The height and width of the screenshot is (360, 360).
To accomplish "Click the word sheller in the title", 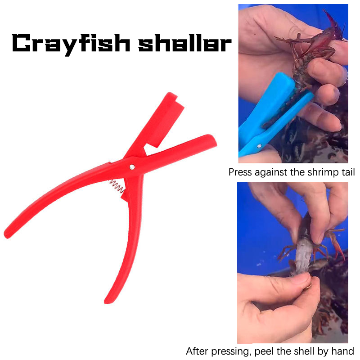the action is click(185, 43).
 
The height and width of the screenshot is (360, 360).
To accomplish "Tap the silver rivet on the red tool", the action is click(132, 167).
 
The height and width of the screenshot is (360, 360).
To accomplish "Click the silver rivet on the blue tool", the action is click(259, 145).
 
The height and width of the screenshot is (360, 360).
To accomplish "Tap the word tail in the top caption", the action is click(348, 172).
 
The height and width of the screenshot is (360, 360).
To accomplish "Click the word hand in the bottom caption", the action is click(343, 351).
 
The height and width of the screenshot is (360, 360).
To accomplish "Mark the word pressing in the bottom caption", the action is click(231, 352).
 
